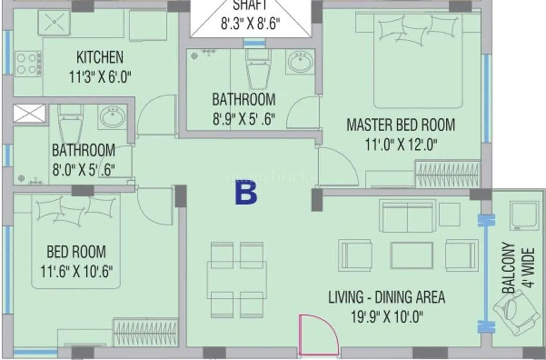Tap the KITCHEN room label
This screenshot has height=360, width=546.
click(100, 58)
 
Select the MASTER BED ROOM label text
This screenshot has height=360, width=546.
click(400, 125)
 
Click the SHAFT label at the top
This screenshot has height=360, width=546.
click(250, 6)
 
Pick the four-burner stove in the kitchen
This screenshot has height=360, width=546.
click(28, 64)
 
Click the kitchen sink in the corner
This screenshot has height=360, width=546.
click(54, 22)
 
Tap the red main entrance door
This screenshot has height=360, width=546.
click(318, 335)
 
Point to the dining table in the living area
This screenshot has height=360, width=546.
click(237, 280)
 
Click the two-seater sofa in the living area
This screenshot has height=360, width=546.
click(408, 216)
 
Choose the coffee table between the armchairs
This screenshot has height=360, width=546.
click(412, 255)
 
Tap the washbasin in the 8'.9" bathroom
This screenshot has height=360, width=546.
click(300, 62)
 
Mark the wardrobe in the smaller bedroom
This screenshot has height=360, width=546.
click(146, 333)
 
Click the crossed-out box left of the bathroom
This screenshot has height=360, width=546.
click(29, 113)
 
